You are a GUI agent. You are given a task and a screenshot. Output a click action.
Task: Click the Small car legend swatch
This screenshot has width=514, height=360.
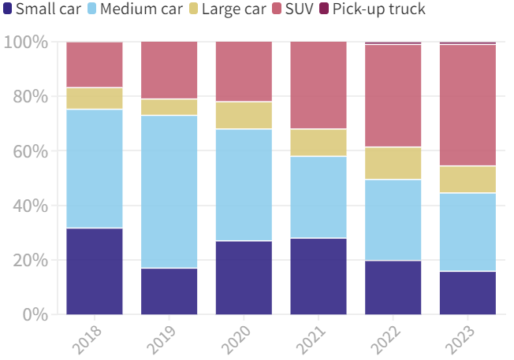pyautogui.click(x=8, y=9)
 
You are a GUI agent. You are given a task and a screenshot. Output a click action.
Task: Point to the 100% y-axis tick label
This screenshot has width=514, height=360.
pyautogui.click(x=25, y=42)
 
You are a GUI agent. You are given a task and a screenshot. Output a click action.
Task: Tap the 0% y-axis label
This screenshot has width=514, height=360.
pyautogui.click(x=34, y=315)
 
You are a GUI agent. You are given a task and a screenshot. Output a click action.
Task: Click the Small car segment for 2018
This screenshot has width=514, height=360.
pyautogui.click(x=95, y=271)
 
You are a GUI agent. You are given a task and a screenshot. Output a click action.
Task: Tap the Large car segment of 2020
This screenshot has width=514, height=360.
pyautogui.click(x=244, y=115)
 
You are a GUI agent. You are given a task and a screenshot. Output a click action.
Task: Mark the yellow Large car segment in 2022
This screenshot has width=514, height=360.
pyautogui.click(x=393, y=163)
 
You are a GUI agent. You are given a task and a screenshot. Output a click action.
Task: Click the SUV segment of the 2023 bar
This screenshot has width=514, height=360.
pyautogui.click(x=468, y=105)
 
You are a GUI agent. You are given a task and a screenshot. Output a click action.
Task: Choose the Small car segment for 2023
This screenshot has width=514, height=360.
pyautogui.click(x=468, y=293)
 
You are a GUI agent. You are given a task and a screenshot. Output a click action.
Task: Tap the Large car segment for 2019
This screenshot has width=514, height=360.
pyautogui.click(x=169, y=107)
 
